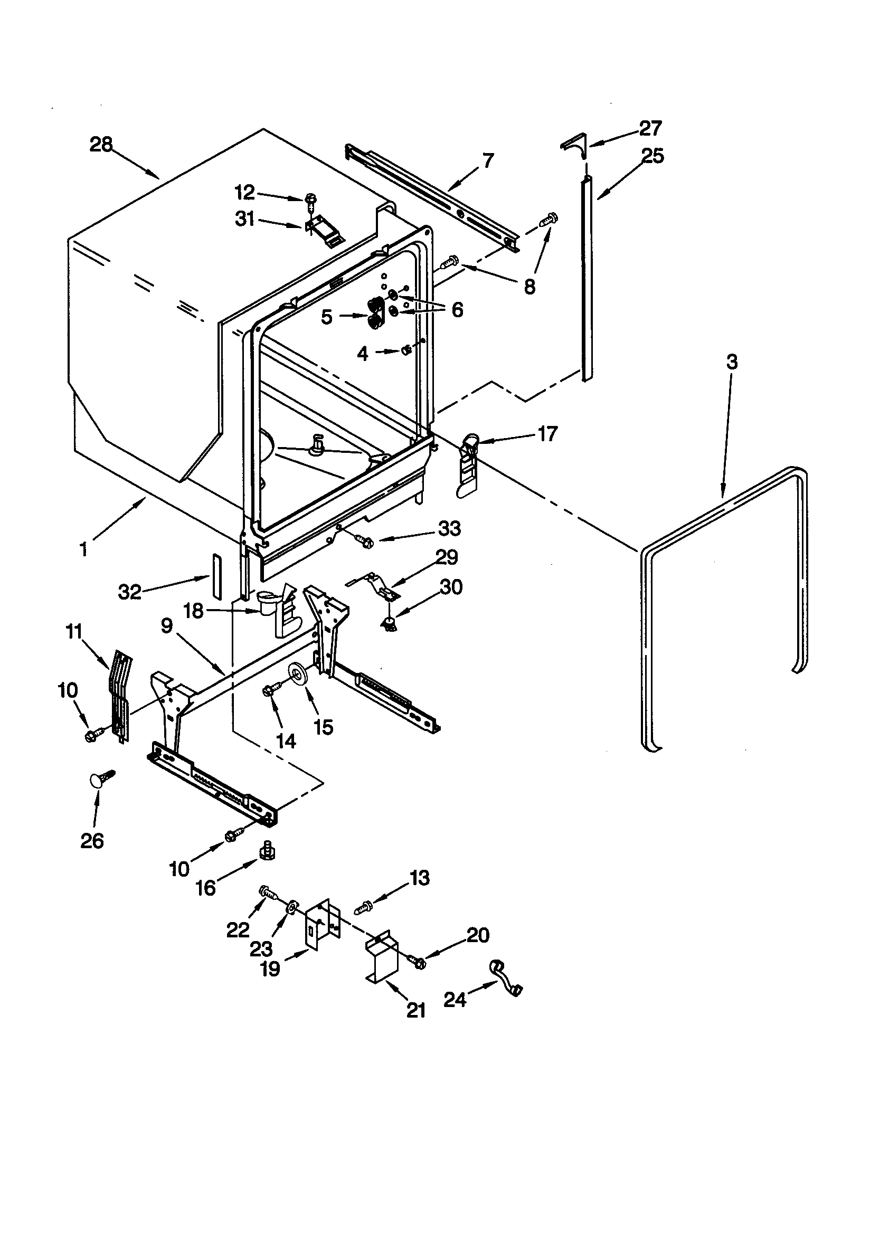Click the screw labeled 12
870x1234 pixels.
[310, 199]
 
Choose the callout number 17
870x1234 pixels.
[547, 434]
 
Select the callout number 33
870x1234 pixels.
[450, 528]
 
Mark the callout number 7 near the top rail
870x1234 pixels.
[488, 160]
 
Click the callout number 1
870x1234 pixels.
[83, 550]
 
